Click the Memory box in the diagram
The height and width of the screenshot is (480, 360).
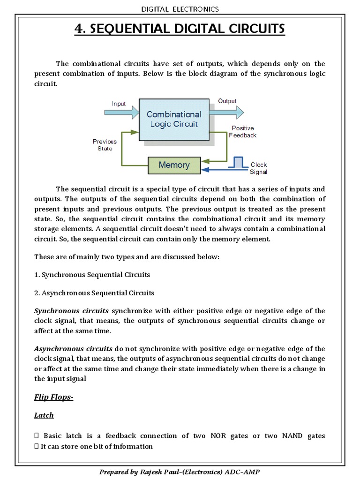point(174,165)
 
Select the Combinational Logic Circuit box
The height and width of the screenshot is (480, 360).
point(174,119)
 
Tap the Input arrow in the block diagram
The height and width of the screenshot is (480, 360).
point(121,112)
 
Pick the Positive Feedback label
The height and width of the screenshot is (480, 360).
point(242,132)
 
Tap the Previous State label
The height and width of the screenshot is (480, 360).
point(105,145)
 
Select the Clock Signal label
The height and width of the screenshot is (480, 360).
point(258,168)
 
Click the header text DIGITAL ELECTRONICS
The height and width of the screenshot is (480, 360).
point(180,9)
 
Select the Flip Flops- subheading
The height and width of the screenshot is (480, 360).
point(54,397)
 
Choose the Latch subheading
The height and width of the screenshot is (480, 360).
point(44,415)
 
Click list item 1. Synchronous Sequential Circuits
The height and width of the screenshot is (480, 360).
point(92,274)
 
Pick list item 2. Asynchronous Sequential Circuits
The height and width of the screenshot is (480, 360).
point(94,293)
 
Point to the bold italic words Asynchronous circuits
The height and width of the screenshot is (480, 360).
point(73,349)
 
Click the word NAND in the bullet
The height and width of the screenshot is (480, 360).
point(292,436)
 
